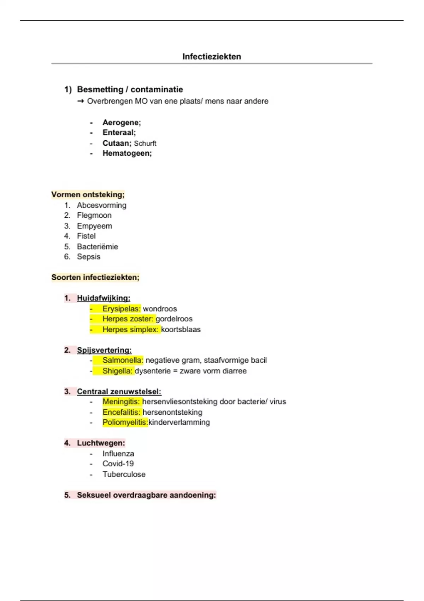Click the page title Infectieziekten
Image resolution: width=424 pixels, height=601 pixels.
coord(212,57)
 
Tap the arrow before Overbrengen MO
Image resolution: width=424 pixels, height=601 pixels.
coord(81,101)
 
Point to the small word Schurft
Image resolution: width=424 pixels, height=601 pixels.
coord(145,143)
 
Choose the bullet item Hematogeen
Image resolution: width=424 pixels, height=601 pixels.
coord(127,153)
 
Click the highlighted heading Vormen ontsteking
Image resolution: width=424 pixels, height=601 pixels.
coord(88,194)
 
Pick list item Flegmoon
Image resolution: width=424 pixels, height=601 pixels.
coord(94,215)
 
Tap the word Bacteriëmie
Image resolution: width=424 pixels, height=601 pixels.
coord(97,246)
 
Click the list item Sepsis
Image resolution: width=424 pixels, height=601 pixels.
coord(88,257)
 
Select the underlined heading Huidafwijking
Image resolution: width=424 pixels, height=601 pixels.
coord(104,298)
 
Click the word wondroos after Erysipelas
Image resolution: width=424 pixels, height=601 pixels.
coord(160,309)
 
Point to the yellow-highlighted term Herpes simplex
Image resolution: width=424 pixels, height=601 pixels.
coord(130,329)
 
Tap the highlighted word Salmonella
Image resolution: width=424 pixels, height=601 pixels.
coord(123,360)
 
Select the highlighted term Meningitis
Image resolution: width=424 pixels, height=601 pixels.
coord(121,402)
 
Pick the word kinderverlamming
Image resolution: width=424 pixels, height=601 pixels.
coord(179,422)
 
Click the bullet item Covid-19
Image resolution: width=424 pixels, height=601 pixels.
coord(118,464)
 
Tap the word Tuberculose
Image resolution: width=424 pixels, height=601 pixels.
coord(124,474)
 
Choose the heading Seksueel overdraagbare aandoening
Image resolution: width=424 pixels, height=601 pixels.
coord(146,495)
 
